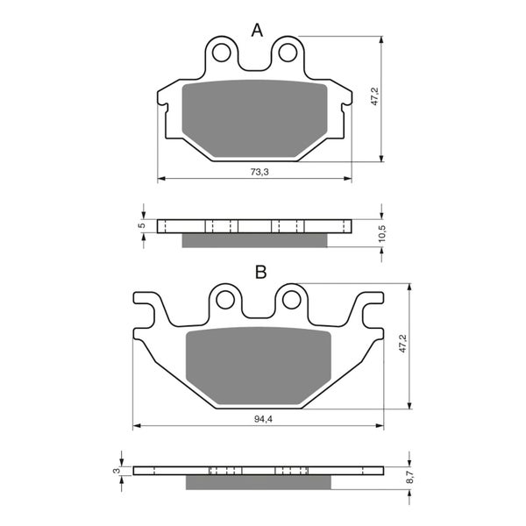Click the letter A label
pyautogui.click(x=257, y=31)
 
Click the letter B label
pyautogui.click(x=260, y=273)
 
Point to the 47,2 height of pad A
pyautogui.click(x=374, y=96)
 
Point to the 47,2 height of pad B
pyautogui.click(x=403, y=343)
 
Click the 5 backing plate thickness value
pyautogui.click(x=142, y=226)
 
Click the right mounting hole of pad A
pyautogui.click(x=287, y=53)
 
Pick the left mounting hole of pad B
pyautogui.click(x=225, y=301)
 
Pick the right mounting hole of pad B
pyautogui.click(x=291, y=301)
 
